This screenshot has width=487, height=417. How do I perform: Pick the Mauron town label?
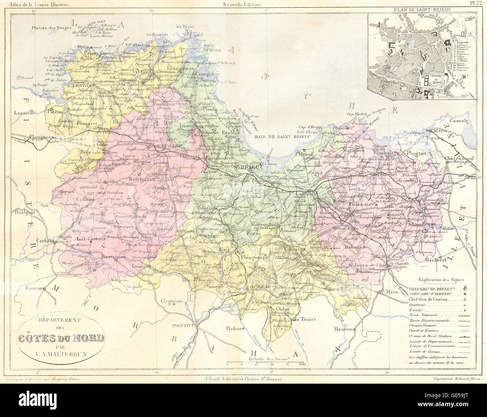(345, 329)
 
